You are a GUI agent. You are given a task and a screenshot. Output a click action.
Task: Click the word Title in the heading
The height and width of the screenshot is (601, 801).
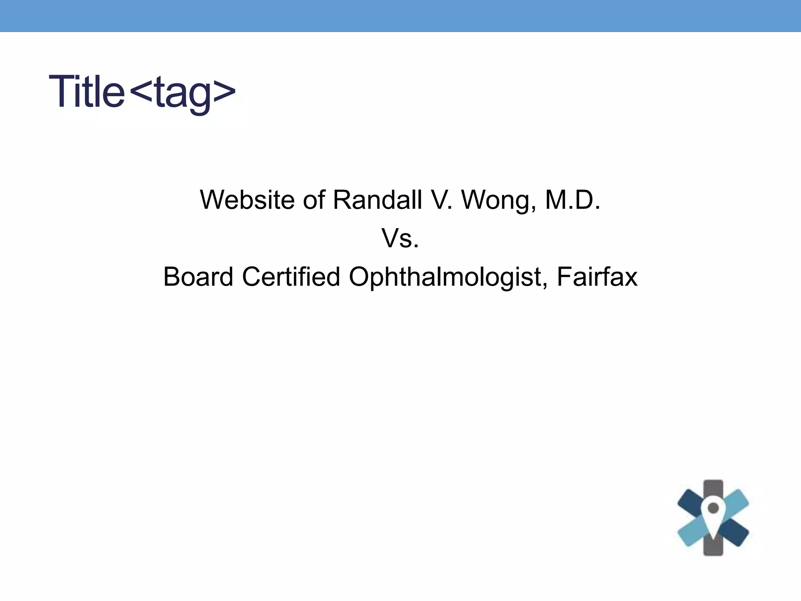pos(86,92)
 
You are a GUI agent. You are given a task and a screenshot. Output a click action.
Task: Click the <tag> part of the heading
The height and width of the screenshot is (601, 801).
pos(182,92)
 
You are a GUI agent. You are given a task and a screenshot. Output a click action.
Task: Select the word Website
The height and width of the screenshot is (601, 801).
pos(247,200)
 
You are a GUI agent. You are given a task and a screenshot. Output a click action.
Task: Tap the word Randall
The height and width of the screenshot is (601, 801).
pos(377,200)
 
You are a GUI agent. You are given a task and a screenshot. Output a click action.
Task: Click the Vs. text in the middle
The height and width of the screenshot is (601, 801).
pos(400,238)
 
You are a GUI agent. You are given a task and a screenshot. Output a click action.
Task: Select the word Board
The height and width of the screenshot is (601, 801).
pos(198,277)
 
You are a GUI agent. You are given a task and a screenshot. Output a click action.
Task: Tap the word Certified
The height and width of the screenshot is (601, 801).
pos(291,277)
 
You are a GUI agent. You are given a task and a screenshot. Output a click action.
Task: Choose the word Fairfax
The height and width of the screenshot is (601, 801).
pos(597,277)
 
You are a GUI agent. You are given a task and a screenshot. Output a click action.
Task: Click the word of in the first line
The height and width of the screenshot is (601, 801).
pos(314,200)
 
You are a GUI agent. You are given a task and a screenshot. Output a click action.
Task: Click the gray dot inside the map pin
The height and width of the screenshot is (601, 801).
pos(713,508)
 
